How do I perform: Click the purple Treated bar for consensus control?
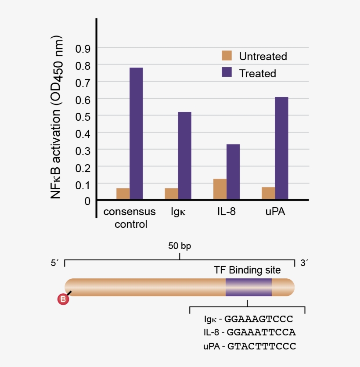(x=136, y=133)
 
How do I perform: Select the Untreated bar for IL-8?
(x=220, y=189)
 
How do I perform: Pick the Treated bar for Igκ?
(x=184, y=155)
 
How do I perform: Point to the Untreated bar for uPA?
(x=268, y=193)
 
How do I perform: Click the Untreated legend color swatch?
(x=227, y=56)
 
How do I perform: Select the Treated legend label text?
(x=257, y=73)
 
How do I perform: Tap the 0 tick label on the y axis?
(x=87, y=201)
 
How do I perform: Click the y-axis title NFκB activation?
(x=58, y=120)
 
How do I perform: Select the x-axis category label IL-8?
(x=226, y=212)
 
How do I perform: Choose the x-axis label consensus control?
(x=130, y=218)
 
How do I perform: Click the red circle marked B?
(x=63, y=300)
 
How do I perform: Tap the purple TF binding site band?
(x=248, y=287)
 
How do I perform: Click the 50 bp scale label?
(x=180, y=246)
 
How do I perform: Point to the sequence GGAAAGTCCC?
(x=259, y=319)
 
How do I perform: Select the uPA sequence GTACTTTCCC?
(x=262, y=346)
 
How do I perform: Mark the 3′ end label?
(x=304, y=263)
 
